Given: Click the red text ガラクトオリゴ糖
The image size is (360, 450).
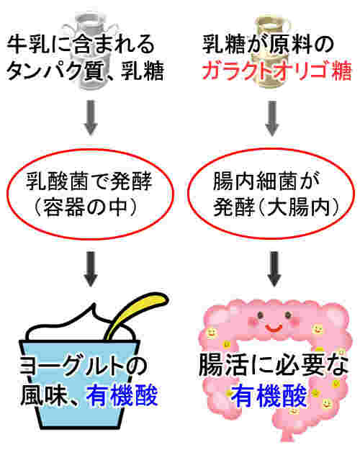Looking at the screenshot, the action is click(276, 70).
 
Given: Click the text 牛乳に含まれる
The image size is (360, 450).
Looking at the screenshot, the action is click(81, 44).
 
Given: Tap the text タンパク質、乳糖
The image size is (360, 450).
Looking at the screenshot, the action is click(85, 71).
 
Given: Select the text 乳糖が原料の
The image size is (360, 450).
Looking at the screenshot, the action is click(268, 44).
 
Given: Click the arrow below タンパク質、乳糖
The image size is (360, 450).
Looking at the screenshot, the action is click(91, 117).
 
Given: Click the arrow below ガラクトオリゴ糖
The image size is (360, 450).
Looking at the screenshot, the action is click(272, 118).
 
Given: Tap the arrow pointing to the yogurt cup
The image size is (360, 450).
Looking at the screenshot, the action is click(91, 269).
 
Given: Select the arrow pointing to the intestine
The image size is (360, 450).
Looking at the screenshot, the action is click(274, 269).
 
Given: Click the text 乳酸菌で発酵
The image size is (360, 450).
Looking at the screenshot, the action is click(89, 181).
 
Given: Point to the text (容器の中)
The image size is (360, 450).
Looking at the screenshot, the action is click(85, 207).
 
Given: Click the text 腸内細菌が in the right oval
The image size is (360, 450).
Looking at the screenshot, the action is click(266, 181).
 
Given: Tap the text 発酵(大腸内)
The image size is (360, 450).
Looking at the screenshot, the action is click(276, 207).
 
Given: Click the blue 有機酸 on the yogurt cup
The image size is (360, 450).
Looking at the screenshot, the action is click(122, 395).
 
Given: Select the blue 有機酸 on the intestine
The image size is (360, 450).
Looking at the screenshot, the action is click(269, 396).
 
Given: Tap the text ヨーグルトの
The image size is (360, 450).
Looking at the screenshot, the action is click(84, 366).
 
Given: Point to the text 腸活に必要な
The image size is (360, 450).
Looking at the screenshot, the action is click(274, 365).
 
